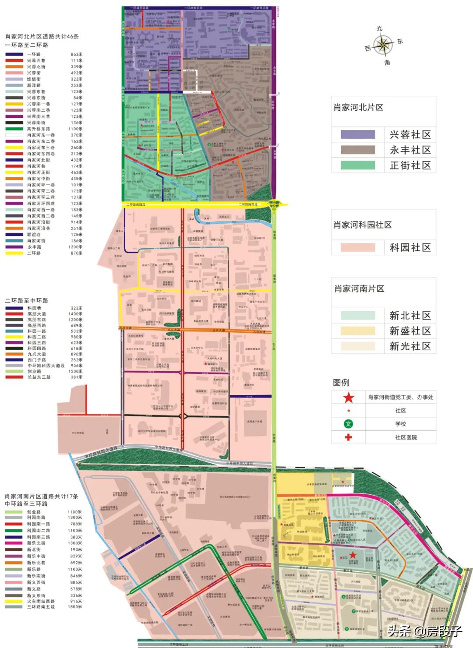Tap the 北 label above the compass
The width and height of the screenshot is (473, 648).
click(x=379, y=28)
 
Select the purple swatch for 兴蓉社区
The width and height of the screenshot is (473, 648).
click(x=358, y=134)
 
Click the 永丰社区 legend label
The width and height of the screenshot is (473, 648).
click(x=410, y=150)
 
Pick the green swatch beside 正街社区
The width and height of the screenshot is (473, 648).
click(x=358, y=165)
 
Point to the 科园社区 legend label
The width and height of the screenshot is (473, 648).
click(x=410, y=248)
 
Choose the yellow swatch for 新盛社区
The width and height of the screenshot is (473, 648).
click(x=358, y=331)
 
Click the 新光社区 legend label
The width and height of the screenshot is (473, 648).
click(x=410, y=346)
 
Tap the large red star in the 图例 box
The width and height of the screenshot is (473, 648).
click(x=349, y=398)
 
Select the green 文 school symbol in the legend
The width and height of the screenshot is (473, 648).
click(x=349, y=424)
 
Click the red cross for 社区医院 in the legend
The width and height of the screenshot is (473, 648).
click(x=349, y=437)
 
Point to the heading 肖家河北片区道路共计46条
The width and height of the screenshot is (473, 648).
click(x=42, y=37)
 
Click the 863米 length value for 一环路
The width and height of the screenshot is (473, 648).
click(x=77, y=54)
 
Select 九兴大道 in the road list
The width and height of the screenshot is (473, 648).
click(x=36, y=354)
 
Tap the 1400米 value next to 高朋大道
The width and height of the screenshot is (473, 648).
click(x=75, y=314)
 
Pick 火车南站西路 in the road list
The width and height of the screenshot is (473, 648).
click(x=41, y=601)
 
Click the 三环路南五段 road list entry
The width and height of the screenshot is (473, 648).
click(x=41, y=607)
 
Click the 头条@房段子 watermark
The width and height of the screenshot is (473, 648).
click(x=424, y=631)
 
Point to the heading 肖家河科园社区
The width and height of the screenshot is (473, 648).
click(x=363, y=225)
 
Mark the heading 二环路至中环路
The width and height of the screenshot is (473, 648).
click(x=27, y=301)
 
